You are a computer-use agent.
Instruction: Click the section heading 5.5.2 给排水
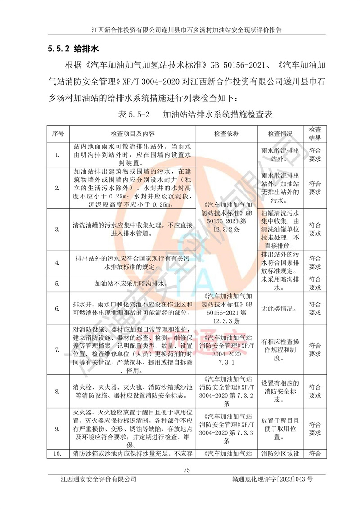72,48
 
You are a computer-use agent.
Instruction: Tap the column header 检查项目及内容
133,134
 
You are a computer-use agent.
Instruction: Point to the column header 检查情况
280,134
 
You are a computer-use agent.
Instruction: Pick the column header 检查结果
315,134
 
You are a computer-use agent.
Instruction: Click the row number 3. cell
58,229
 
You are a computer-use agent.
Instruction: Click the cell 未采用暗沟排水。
280,284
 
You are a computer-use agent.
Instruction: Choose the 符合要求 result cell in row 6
315,309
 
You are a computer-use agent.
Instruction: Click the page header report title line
187,30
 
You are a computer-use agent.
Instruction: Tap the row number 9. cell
58,429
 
